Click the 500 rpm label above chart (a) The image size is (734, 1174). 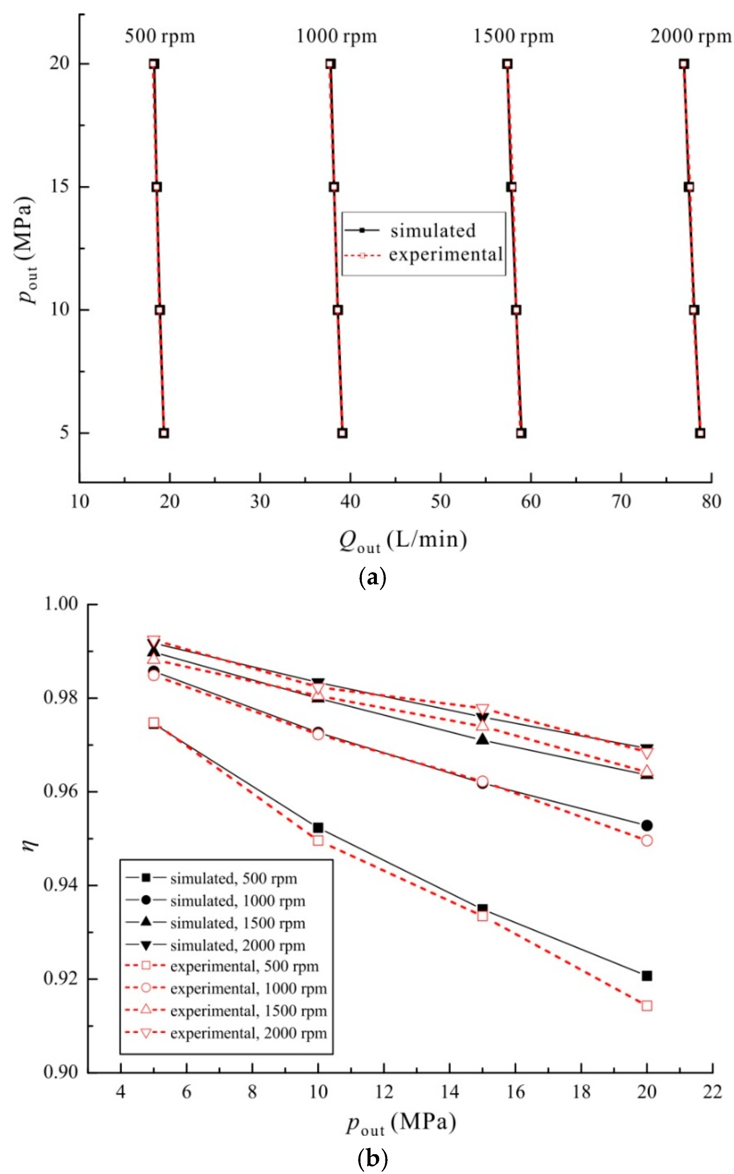[x=160, y=36]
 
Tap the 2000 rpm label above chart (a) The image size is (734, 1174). [x=690, y=36]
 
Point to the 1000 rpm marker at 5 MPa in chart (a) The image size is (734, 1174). [x=342, y=433]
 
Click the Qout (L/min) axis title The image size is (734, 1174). [x=403, y=540]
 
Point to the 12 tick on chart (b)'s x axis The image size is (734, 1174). [x=384, y=1091]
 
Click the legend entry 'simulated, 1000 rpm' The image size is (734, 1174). [x=237, y=901]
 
